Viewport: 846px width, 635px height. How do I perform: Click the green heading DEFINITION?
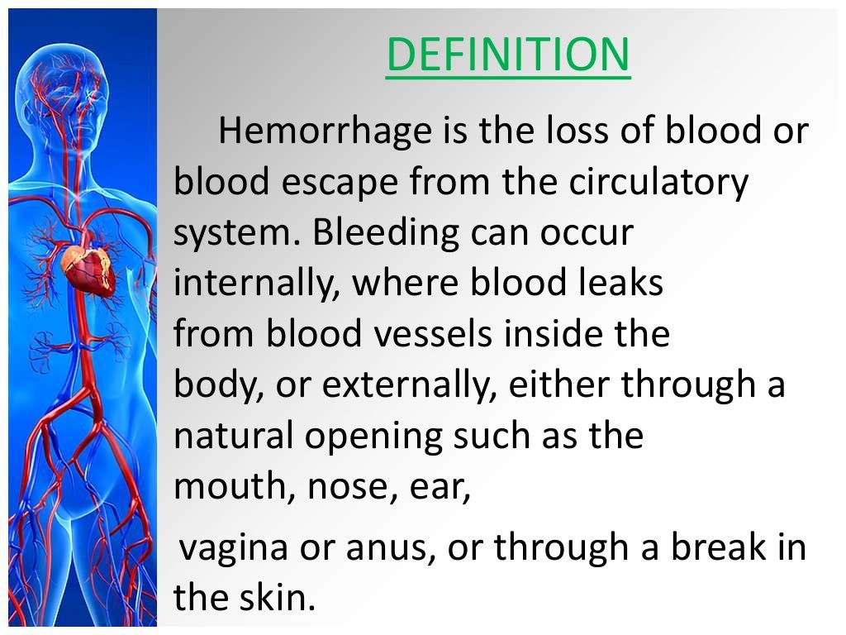[x=507, y=55]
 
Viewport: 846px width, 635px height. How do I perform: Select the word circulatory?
[x=658, y=183]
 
